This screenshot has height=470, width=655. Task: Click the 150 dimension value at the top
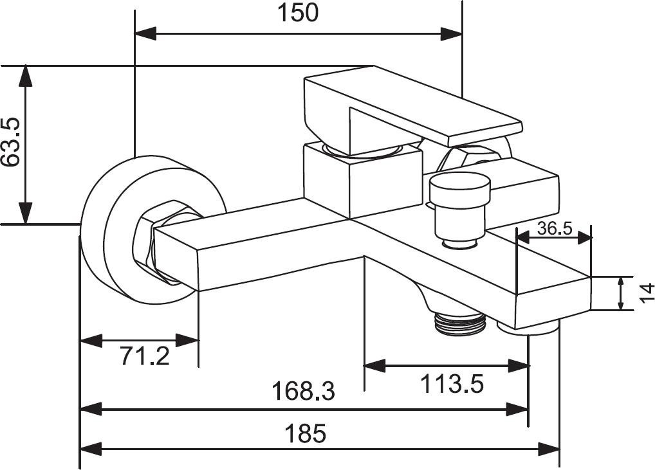tap(298, 12)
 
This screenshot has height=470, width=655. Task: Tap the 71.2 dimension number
tap(145, 355)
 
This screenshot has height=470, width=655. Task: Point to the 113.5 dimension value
tap(452, 384)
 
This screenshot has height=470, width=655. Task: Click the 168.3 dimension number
tap(303, 390)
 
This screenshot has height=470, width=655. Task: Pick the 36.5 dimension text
tap(554, 228)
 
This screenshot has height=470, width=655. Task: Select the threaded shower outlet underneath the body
tap(458, 321)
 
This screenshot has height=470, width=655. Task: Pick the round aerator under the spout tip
tap(528, 329)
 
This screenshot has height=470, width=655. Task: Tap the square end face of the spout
tap(554, 294)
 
